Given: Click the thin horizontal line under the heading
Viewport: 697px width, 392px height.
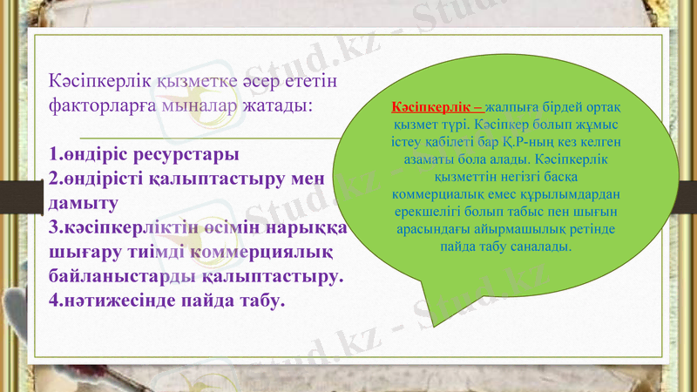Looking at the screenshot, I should pyautogui.click(x=209, y=138).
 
